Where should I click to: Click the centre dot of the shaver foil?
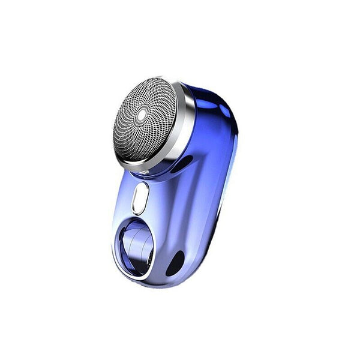click(142, 114)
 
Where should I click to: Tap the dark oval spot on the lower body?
click(175, 263)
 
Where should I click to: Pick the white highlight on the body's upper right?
click(223, 112)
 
